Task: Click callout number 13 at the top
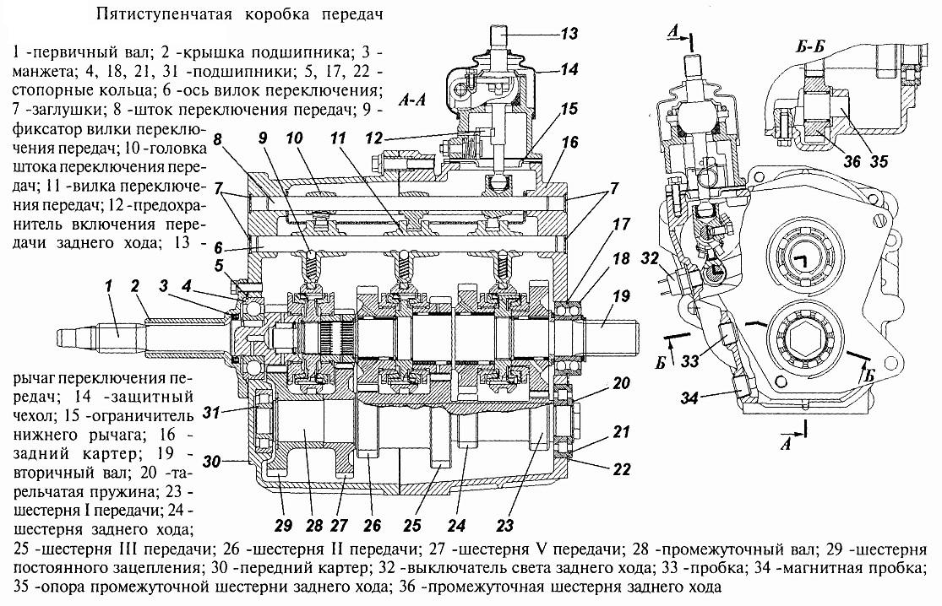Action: tap(571, 35)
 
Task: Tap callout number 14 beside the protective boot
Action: tap(571, 70)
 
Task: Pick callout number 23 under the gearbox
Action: tap(505, 524)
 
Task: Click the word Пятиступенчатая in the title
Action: tap(151, 15)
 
